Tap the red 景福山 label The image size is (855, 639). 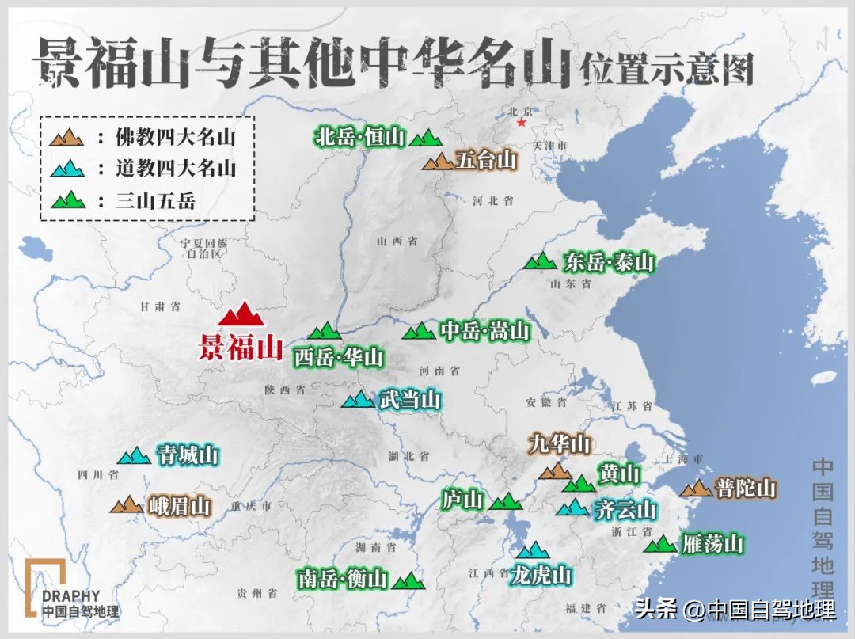[241, 348]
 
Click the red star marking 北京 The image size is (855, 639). [521, 123]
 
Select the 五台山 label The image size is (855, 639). [486, 161]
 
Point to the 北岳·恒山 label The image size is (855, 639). [360, 137]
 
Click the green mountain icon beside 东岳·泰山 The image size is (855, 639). [541, 261]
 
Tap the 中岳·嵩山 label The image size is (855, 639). [484, 330]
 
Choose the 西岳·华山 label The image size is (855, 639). [339, 357]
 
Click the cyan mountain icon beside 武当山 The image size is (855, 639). [357, 399]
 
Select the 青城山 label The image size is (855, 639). [188, 455]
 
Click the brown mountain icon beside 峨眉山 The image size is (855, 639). [126, 504]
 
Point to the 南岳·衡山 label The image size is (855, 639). [344, 579]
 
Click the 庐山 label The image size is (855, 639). [462, 500]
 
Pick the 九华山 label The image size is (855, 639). [560, 444]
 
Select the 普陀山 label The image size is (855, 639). [746, 488]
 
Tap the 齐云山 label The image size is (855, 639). [625, 508]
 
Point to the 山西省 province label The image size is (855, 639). [397, 242]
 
